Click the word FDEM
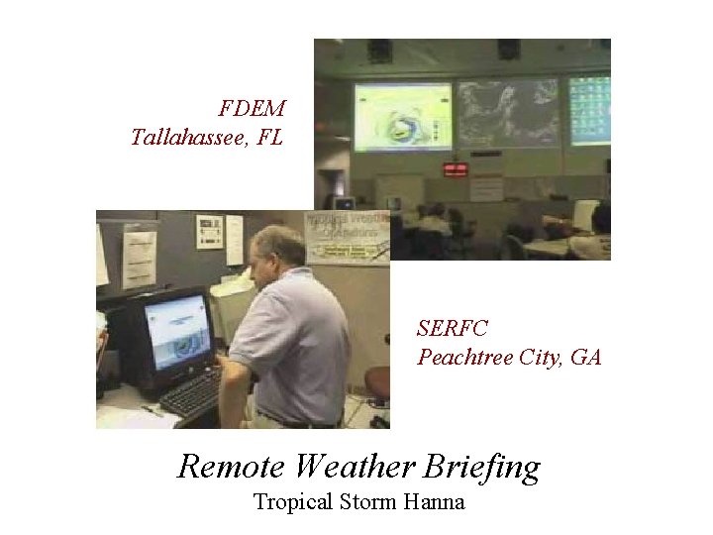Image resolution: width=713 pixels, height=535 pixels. (252, 107)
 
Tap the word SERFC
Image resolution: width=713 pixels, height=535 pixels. (453, 328)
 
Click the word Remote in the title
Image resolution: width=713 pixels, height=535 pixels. (232, 466)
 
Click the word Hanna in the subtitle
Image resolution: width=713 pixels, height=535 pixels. (434, 501)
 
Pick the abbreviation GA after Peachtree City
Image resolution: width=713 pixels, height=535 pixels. (586, 357)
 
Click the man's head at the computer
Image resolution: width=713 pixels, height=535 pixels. (276, 253)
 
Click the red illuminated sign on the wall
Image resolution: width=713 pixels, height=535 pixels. (455, 169)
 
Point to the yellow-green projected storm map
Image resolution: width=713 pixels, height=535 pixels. (402, 117)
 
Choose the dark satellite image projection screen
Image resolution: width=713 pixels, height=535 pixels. (508, 113)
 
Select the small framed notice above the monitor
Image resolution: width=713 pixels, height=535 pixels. (209, 231)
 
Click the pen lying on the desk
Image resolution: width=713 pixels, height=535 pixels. (152, 410)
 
